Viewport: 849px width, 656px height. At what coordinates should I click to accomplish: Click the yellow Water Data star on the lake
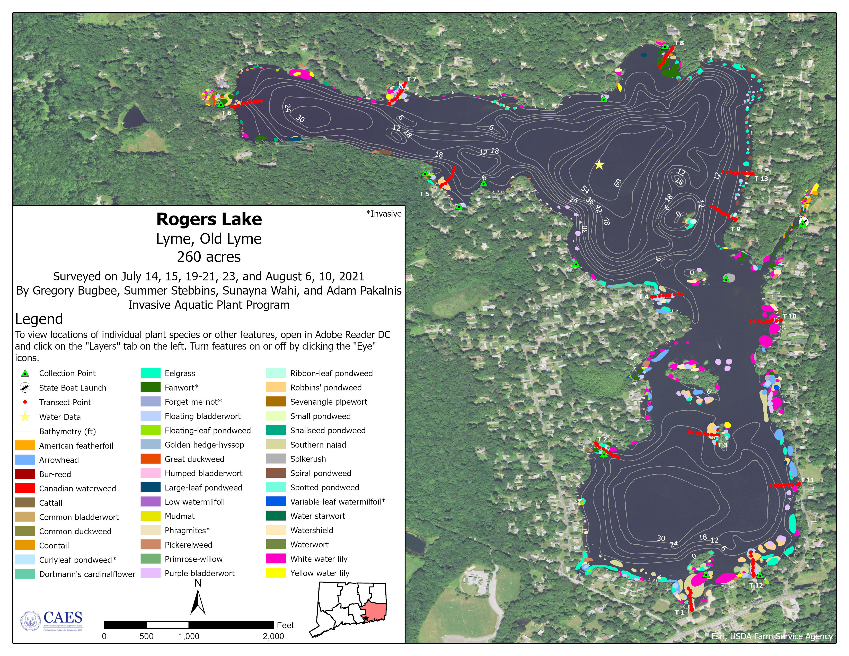pyautogui.click(x=599, y=165)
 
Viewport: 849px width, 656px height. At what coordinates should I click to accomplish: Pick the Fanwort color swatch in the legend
pyautogui.click(x=151, y=387)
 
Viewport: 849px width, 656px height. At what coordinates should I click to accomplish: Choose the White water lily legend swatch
pyautogui.click(x=276, y=559)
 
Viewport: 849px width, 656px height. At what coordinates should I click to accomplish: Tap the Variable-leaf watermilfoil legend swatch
pyautogui.click(x=276, y=502)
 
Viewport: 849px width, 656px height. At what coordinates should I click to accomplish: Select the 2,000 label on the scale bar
pyautogui.click(x=273, y=636)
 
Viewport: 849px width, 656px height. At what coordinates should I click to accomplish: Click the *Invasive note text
pyautogui.click(x=384, y=214)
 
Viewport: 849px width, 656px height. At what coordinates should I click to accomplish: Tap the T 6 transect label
pyautogui.click(x=226, y=113)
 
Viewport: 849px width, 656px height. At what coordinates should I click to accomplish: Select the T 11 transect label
pyautogui.click(x=807, y=480)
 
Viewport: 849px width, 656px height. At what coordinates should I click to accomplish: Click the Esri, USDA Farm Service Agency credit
pyautogui.click(x=772, y=636)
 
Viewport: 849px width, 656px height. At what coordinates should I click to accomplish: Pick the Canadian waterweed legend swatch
pyautogui.click(x=25, y=489)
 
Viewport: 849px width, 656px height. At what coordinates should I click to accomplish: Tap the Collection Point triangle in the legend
pyautogui.click(x=25, y=374)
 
